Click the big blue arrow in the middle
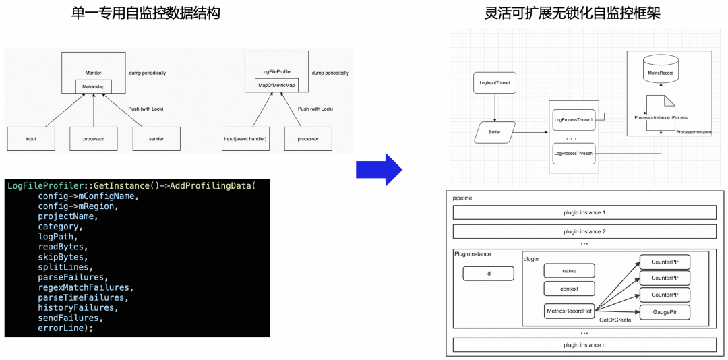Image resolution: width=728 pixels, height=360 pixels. tap(379, 169)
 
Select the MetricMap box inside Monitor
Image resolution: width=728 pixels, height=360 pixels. tap(93, 86)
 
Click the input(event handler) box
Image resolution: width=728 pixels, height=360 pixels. tap(245, 139)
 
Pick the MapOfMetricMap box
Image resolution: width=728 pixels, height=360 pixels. tap(276, 85)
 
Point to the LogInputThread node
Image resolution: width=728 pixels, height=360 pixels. tap(494, 83)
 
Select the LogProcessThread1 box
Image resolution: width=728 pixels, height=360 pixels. tap(573, 120)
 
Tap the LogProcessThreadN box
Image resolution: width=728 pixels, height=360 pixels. tap(573, 154)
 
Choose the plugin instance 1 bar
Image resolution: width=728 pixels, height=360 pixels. tap(584, 213)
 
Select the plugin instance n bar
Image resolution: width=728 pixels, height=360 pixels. tap(584, 345)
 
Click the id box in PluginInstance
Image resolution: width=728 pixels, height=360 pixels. tap(488, 274)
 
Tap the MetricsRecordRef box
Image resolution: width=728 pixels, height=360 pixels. tap(570, 311)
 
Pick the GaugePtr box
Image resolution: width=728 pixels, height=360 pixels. tap(664, 312)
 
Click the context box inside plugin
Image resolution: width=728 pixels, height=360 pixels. tap(570, 289)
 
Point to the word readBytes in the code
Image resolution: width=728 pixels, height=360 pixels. tap(61, 247)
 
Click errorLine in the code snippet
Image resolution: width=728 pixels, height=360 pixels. tap(61, 328)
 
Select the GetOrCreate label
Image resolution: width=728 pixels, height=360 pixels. tap(615, 320)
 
